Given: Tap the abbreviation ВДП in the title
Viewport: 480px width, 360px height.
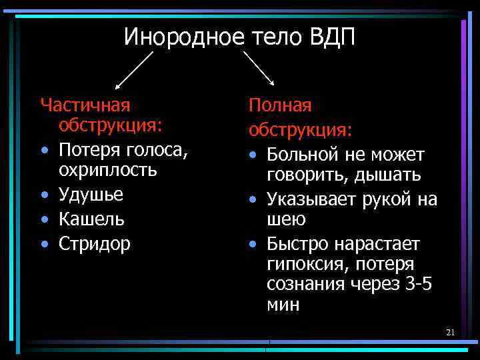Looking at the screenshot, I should coord(332,37).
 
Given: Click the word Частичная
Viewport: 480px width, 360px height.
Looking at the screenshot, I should coord(85,105).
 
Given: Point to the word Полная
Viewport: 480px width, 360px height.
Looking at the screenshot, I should coord(280,105).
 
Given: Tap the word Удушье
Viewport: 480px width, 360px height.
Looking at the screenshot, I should coord(91,195).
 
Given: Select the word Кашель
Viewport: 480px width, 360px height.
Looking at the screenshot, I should coord(91,219).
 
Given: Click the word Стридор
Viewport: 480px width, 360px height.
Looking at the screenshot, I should coord(95,243).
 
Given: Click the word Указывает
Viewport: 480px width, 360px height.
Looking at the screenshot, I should coord(311,199).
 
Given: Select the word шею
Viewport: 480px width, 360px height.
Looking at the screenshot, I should coord(287,220).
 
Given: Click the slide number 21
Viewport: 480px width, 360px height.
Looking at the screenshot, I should coord(450,332).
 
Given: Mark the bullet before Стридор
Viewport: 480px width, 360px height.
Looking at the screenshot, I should coord(45,244).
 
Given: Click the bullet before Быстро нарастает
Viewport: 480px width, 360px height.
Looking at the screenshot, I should coord(253,244).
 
